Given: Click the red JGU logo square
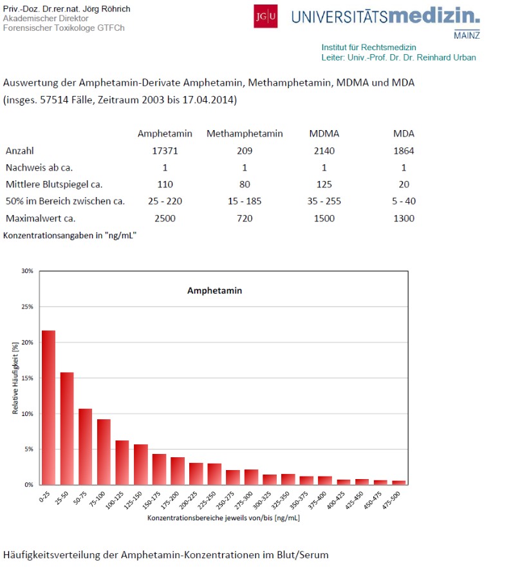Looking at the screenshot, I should pos(266,16).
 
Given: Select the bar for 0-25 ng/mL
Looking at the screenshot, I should pos(48,407).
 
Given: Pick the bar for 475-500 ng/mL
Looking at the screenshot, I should pos(399,482).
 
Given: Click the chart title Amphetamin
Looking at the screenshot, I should pos(214,290).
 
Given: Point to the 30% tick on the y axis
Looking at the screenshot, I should pos(27,271).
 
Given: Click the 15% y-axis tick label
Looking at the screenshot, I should pos(27,378).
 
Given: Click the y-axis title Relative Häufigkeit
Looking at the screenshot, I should pos(15,378).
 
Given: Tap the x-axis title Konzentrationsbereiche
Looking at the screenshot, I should pos(223,517).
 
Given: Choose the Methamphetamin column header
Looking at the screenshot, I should pos(245,133).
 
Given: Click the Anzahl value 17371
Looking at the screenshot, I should pos(165,151).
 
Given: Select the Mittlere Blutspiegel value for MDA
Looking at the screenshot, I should pos(404,184).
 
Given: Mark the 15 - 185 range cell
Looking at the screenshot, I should pos(245,201).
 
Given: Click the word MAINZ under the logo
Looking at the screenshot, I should pos(467,35).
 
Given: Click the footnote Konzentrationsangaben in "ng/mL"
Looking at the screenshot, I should pos(70,235).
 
